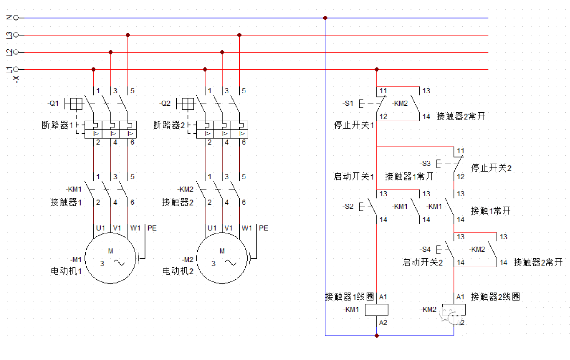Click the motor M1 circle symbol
pos(110,258)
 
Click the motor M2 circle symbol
pos(222,258)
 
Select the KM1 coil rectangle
pos(376,310)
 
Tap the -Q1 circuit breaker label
pos(53,103)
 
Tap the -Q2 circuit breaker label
pos(165,103)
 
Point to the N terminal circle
pos(16,18)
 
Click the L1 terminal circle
pos(16,69)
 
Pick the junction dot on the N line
pos(325,18)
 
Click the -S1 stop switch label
pos(348,104)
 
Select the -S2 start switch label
pos(348,206)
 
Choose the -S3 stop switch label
pos(425,164)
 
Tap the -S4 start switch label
pos(425,249)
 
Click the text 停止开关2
pos(491,168)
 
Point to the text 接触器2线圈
pos(495,297)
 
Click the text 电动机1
pos(66,271)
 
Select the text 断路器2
pos(169,125)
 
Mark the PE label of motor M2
pos(263,228)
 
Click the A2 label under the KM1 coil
pos(383,323)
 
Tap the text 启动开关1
pos(353,176)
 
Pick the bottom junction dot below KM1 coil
pos(376,336)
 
